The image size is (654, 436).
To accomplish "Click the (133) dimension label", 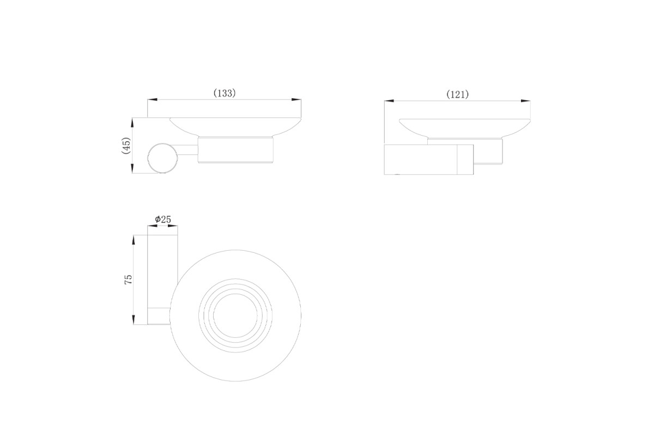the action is point(225,93).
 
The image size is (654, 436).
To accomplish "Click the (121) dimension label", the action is point(457,94).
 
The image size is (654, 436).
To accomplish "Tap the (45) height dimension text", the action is point(126,146).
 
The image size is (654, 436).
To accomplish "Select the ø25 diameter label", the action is point(163,219).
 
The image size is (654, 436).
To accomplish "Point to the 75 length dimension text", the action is point(128,280).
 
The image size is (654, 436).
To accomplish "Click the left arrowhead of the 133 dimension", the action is point(153,100).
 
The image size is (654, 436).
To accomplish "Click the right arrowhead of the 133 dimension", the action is point(296,100).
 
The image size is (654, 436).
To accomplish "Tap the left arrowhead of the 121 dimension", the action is point(389,101).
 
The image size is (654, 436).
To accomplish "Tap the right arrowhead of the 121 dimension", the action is point(526,101).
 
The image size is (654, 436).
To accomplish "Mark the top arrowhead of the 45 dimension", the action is point(132,123).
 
